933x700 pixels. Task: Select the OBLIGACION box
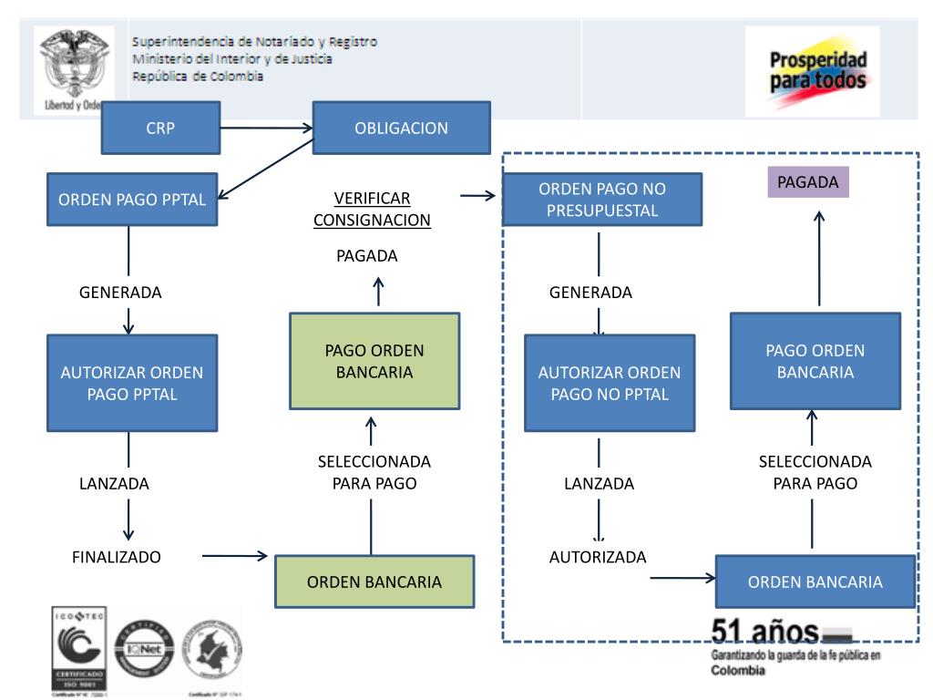[401, 128]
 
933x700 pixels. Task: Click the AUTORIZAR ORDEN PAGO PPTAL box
[131, 383]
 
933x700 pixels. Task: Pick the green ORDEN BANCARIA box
[374, 581]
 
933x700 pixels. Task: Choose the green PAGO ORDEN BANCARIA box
[374, 360]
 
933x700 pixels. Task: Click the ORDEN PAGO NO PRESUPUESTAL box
[602, 201]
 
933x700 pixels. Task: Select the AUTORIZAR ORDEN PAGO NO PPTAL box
[610, 383]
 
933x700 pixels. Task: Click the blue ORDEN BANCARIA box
[815, 582]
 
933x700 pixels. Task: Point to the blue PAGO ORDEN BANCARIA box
[815, 362]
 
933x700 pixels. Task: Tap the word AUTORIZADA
[598, 556]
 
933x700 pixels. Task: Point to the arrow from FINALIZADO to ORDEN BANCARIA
[235, 555]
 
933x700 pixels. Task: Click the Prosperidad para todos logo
[812, 70]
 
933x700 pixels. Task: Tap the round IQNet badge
[149, 649]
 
